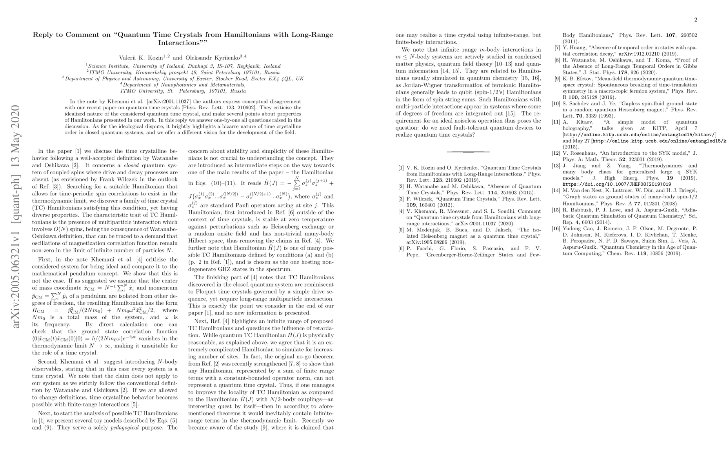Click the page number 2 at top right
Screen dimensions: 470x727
tap(696, 20)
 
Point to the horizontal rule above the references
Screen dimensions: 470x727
tap(468, 152)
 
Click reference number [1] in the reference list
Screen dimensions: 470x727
tap(401, 168)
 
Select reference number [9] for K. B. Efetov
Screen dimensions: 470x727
tap(557, 79)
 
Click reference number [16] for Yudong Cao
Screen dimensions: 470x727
tap(556, 228)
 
